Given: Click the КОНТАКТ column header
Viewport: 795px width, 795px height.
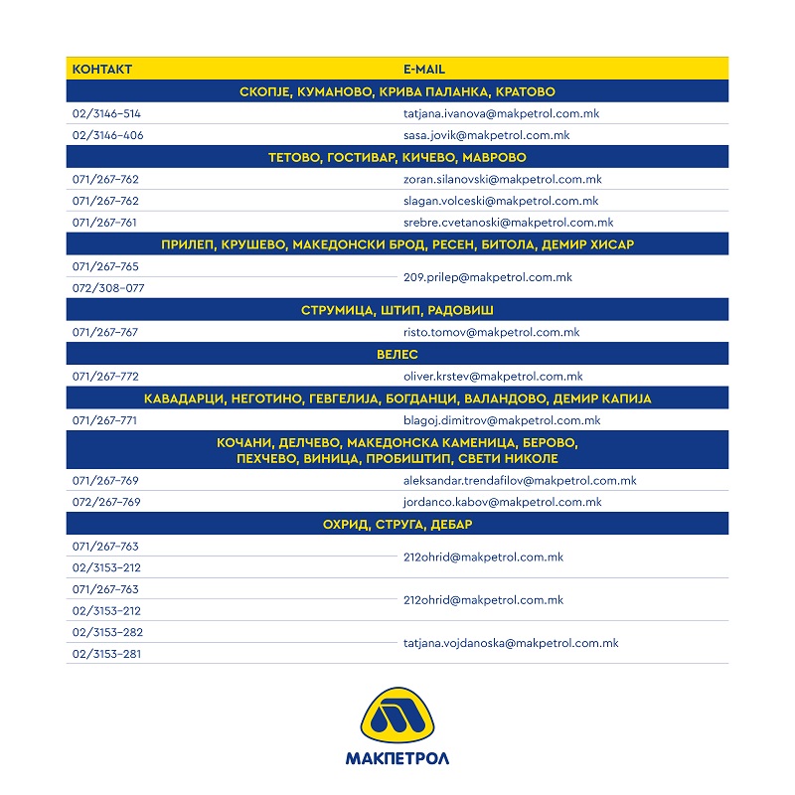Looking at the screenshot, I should point(102,70).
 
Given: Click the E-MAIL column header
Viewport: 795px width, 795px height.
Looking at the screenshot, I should point(423,70).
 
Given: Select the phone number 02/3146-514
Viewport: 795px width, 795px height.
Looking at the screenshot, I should point(106,113).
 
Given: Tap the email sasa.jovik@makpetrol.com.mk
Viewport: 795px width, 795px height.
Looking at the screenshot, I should point(486,135).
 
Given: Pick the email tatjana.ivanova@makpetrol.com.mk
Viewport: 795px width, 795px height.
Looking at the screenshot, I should point(501,113).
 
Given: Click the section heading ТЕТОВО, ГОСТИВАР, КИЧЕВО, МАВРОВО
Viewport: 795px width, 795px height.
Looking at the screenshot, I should point(397,157).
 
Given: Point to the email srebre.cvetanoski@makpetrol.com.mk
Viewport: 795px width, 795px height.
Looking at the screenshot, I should point(508,223).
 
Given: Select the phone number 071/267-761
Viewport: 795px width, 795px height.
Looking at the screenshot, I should point(105,223).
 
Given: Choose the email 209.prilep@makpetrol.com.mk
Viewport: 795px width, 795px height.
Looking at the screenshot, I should point(487,277).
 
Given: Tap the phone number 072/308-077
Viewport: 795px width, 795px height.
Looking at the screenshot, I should point(108,288).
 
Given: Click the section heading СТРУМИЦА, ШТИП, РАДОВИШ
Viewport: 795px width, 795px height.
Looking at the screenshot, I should point(397,310).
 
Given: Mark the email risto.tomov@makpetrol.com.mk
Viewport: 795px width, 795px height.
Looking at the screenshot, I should point(491,332).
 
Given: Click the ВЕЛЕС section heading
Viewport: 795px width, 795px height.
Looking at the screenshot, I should point(397,354).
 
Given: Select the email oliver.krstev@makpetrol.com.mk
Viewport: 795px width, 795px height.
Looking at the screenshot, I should point(493,377).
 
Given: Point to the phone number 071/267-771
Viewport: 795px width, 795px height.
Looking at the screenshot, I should point(105,420).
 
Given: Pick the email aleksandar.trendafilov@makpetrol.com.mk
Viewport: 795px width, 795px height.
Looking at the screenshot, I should point(520,480).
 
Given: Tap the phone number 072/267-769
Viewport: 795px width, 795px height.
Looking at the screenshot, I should point(106,502).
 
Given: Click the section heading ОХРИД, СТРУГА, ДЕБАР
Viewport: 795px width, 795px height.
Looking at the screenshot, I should point(397,524).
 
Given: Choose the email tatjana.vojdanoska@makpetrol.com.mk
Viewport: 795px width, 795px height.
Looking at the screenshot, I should point(511,643).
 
